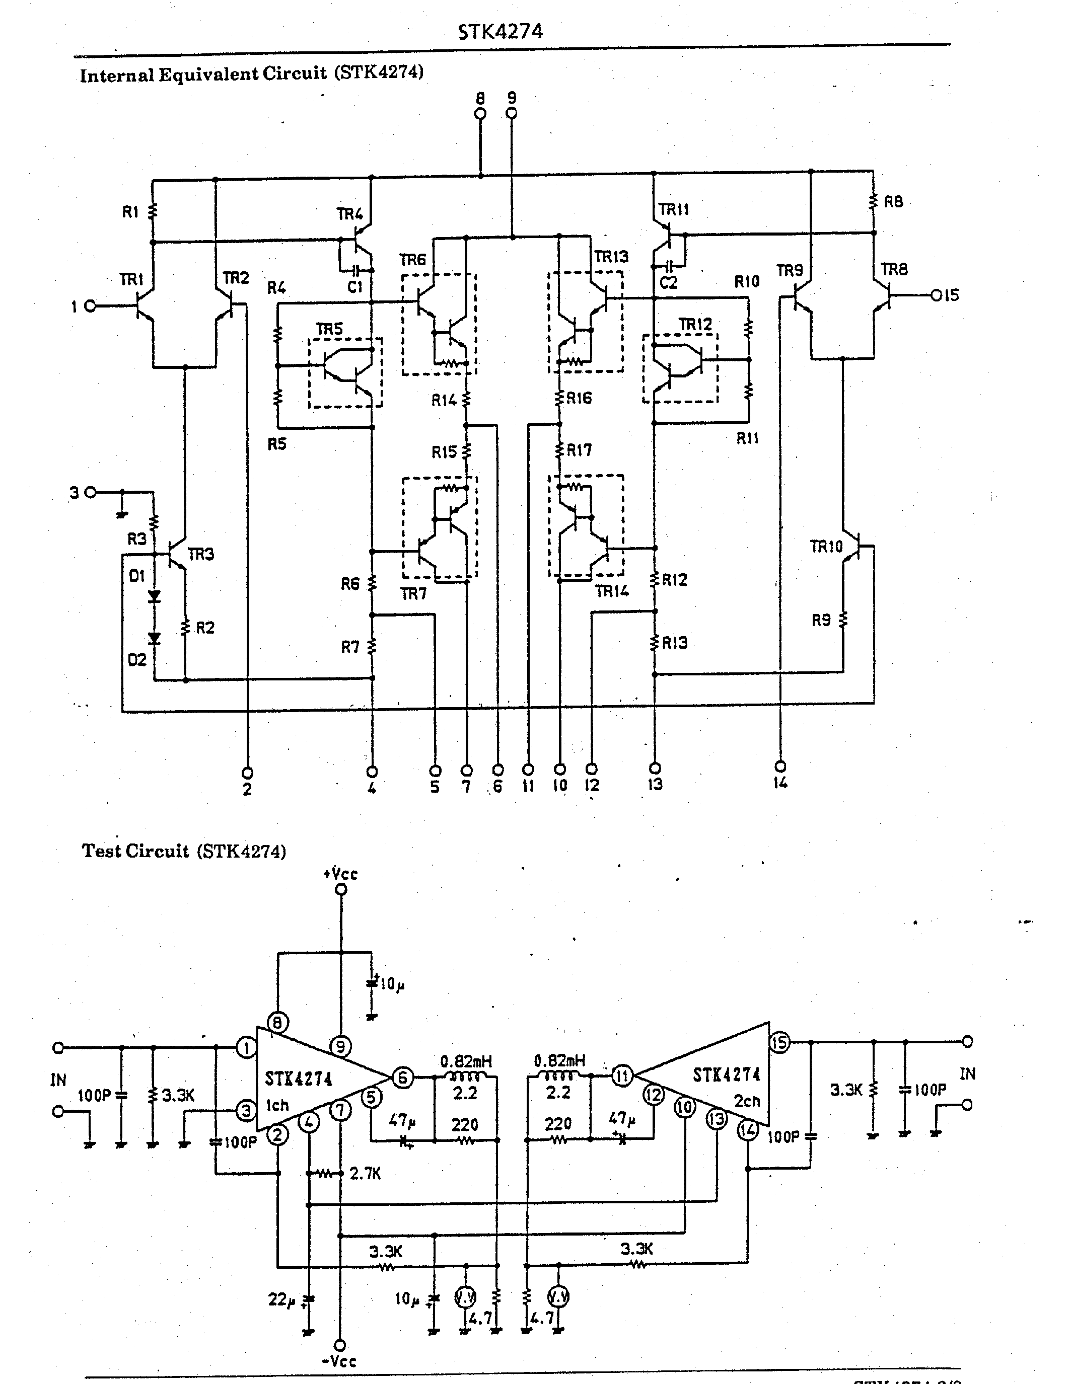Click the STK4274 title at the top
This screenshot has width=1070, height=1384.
tap(500, 32)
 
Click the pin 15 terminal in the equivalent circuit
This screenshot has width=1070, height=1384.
tap(936, 295)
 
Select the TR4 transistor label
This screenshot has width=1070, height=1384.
tap(349, 214)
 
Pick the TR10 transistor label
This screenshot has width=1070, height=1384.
tap(826, 546)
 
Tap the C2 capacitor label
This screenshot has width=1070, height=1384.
tap(668, 283)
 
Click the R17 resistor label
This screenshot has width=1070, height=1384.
tap(579, 450)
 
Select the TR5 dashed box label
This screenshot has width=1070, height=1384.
tap(329, 329)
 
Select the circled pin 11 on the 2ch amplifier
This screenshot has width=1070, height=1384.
tap(622, 1075)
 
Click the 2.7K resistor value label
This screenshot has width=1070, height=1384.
tap(365, 1174)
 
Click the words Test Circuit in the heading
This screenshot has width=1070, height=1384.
tap(135, 851)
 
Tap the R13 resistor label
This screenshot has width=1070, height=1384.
tap(674, 643)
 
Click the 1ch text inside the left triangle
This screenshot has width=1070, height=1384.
tap(277, 1106)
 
